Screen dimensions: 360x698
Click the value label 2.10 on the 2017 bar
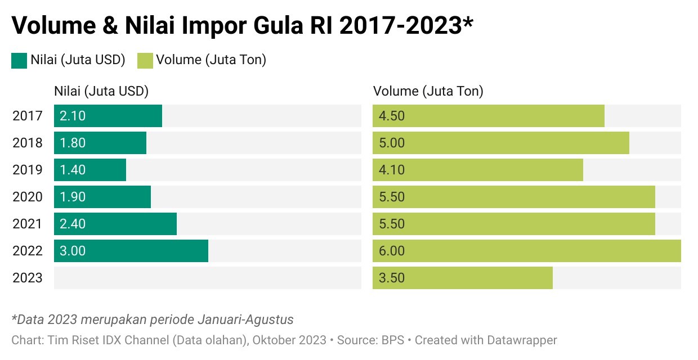[x=73, y=116]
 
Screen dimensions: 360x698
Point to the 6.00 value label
[x=392, y=251]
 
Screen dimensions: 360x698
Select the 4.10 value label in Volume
[x=392, y=170]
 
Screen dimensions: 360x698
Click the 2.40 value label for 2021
[x=73, y=224]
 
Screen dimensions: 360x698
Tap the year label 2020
[x=28, y=197]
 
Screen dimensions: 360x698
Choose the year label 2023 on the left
[x=28, y=278]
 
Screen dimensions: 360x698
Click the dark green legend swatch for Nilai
[x=19, y=60]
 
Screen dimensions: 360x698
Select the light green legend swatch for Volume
[x=145, y=60]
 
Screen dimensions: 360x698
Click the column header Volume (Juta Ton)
[x=428, y=91]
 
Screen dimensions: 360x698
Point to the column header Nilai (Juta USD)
[x=101, y=91]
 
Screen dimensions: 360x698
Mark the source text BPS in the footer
[x=395, y=340]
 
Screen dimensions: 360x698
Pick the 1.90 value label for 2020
[x=73, y=197]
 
